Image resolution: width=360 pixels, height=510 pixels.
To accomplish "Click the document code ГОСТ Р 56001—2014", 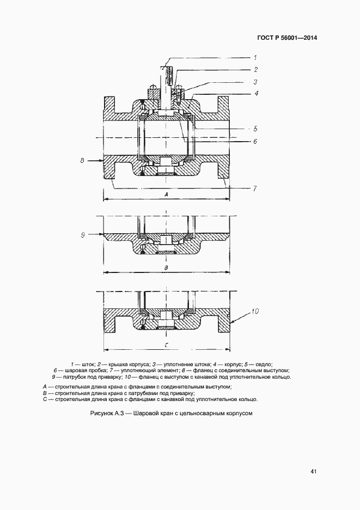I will point(286,38).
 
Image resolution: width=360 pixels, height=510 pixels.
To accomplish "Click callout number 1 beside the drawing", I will point(255,57).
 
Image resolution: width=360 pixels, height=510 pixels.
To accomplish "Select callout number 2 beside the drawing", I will point(255,70).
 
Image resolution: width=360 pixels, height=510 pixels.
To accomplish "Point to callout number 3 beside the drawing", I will point(255,82).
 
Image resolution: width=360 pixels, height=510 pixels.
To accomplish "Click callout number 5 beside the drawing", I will point(255,129).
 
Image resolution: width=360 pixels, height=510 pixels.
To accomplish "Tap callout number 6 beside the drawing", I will point(255,141).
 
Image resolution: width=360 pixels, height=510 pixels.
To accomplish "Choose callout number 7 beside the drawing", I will point(255,189).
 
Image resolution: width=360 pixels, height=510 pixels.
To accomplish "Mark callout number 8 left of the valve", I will point(82,161).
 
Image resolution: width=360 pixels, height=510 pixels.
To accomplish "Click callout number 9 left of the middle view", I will point(83,234).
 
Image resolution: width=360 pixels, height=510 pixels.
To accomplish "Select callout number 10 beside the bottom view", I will point(255,312).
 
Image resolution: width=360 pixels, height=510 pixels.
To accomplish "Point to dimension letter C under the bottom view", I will point(167,345).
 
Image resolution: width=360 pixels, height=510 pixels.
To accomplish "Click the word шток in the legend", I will point(88,363).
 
